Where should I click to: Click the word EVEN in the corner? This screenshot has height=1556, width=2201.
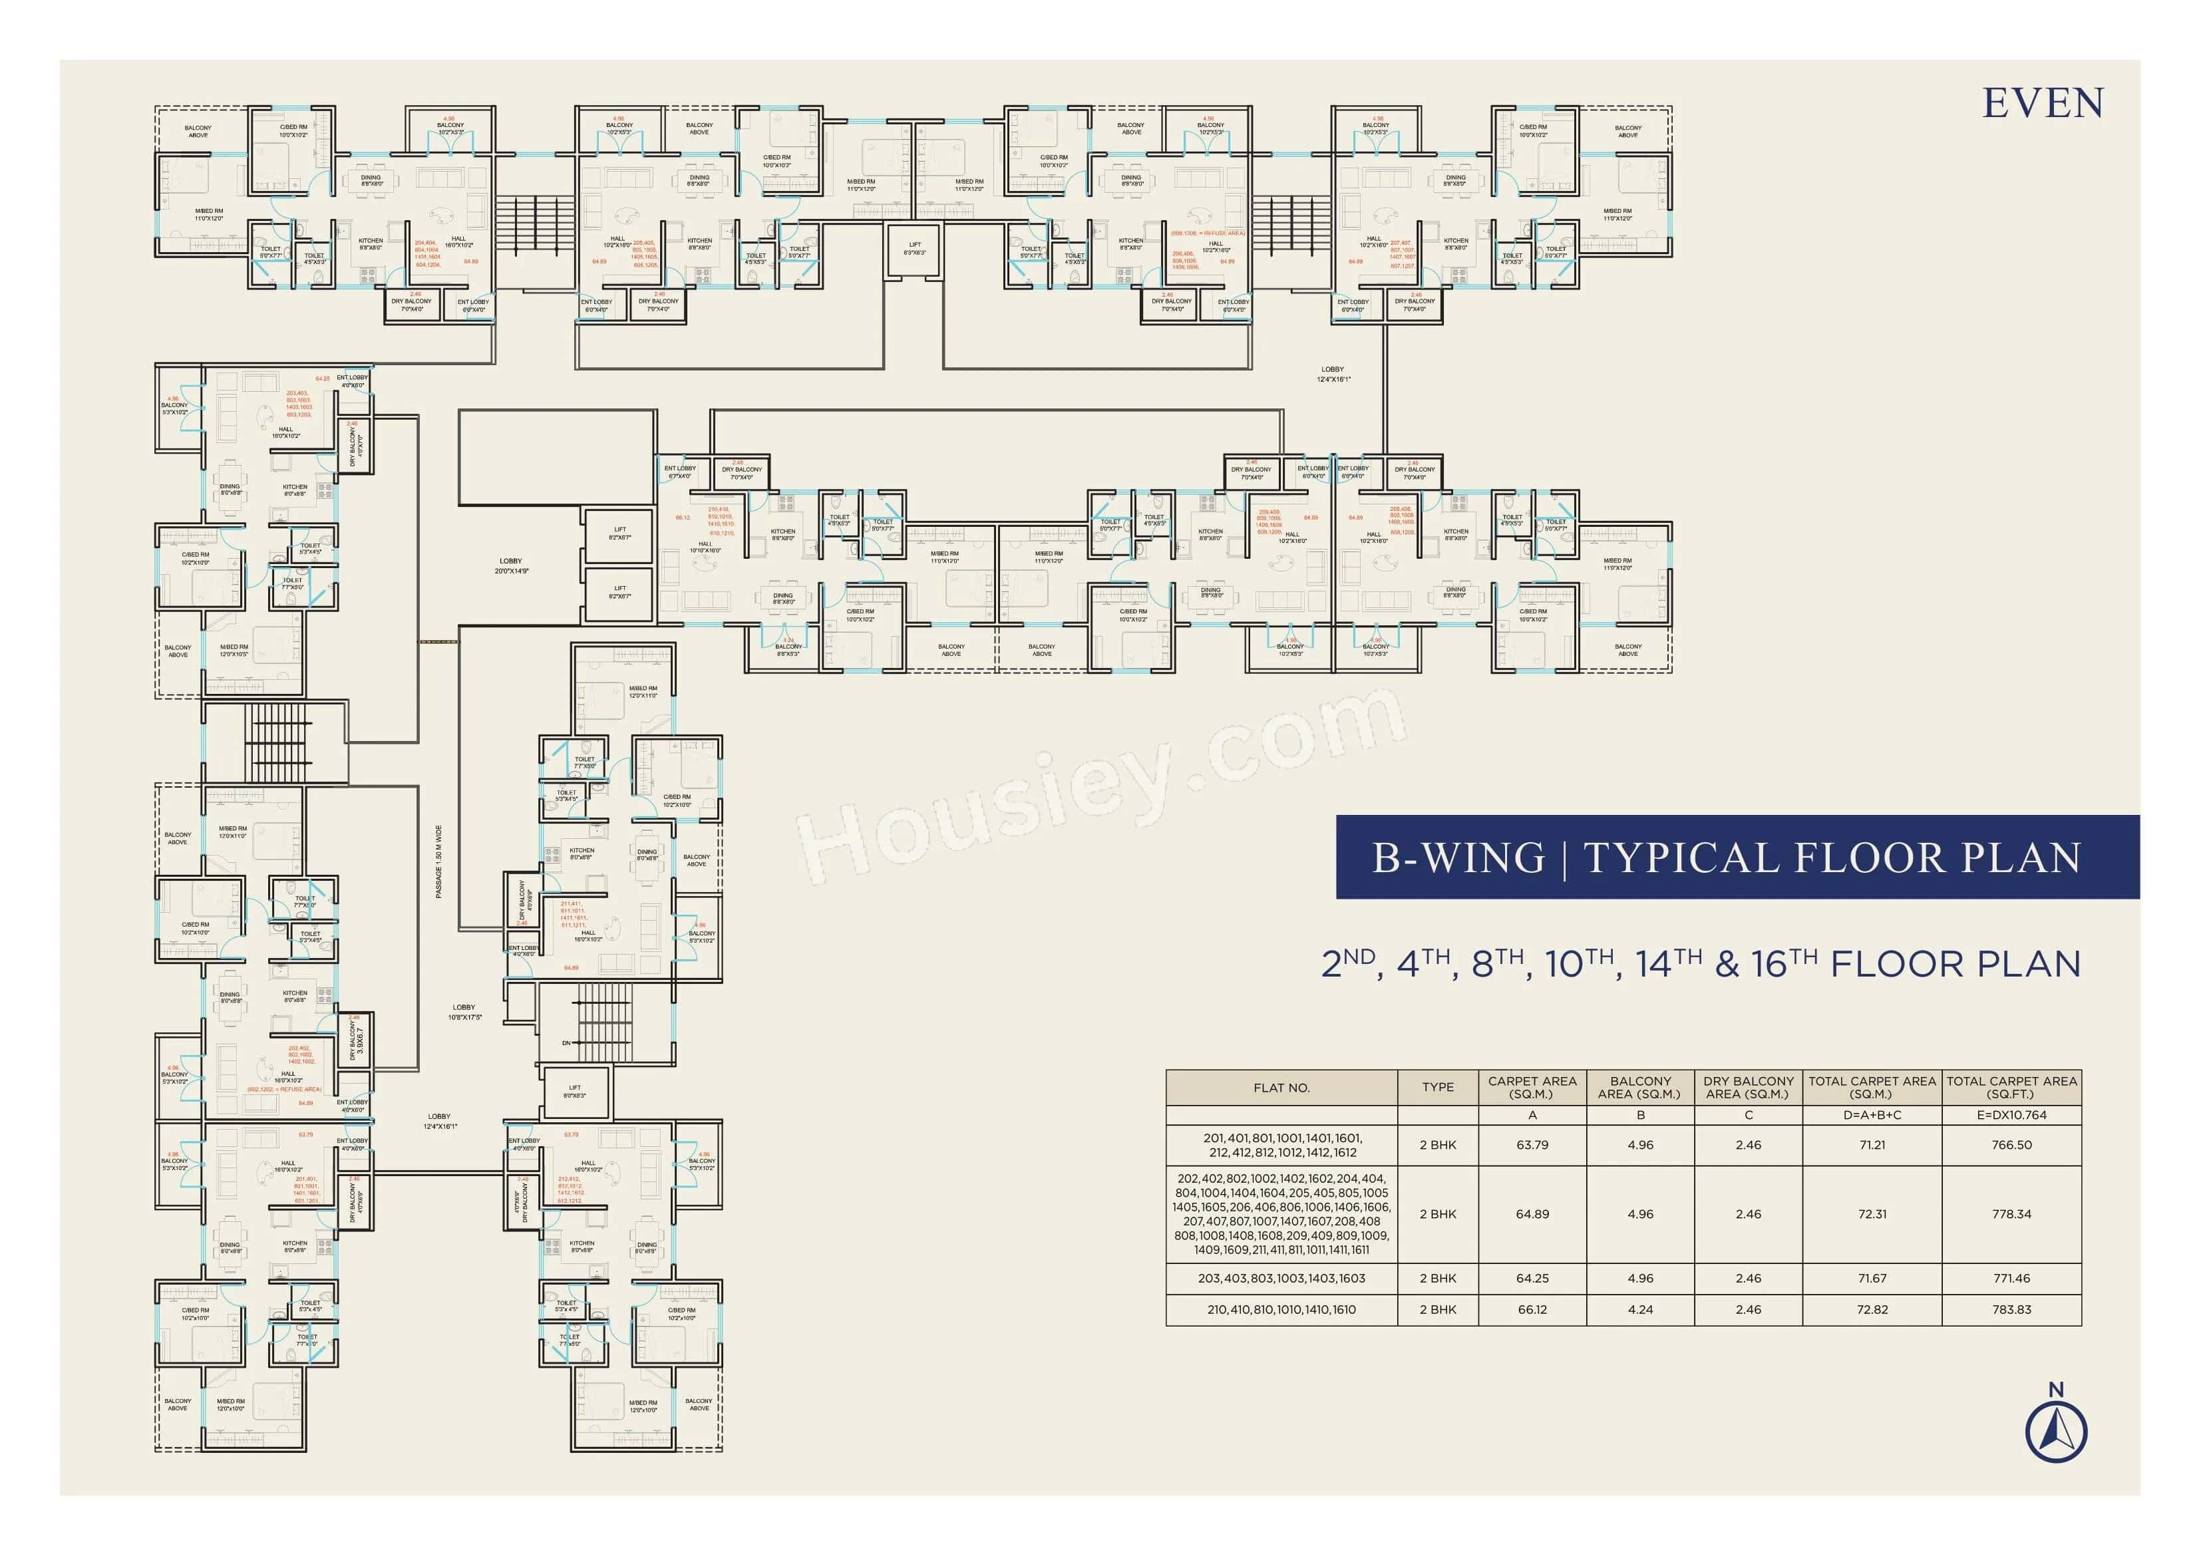[2042, 104]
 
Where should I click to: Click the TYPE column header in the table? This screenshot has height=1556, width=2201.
[1437, 1087]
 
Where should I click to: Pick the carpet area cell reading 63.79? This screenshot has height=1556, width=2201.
[1532, 1145]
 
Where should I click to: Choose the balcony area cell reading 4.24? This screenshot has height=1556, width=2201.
[1640, 1310]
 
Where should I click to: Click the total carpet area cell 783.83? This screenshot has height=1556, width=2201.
[2011, 1310]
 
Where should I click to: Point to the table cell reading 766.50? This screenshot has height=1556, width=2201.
[2011, 1145]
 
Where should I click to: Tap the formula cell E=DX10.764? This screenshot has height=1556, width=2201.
[2011, 1115]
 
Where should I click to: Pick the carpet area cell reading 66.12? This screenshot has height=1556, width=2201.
[1532, 1310]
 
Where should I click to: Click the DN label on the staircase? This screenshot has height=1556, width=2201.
[566, 1043]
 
